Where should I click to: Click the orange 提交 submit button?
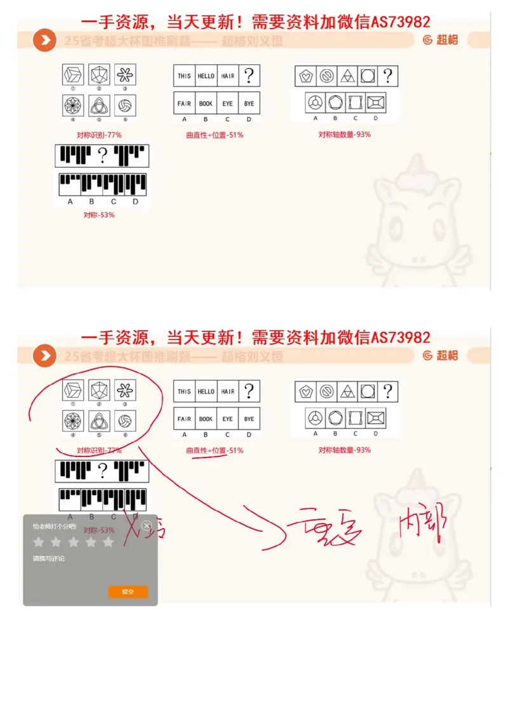[x=128, y=592]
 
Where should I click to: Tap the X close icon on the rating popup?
[x=147, y=526]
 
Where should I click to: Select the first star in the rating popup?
[x=39, y=542]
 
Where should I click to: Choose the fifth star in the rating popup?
[x=108, y=542]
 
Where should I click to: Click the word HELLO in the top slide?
[x=206, y=76]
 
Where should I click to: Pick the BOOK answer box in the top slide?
[x=206, y=103]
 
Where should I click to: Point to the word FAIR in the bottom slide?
[x=184, y=419]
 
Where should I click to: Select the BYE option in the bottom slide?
[x=249, y=419]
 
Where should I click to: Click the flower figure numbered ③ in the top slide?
[x=125, y=76]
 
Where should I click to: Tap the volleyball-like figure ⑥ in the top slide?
[x=125, y=103]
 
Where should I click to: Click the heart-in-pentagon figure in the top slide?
[x=306, y=76]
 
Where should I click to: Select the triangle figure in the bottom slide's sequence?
[x=347, y=392]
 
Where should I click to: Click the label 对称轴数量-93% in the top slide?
[x=345, y=135]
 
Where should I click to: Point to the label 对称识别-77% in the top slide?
[x=99, y=135]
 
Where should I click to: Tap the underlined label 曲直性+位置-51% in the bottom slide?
[x=215, y=450]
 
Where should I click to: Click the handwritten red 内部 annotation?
[x=422, y=522]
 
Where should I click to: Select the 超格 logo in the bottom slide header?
[x=440, y=356]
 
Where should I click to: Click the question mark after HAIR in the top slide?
[x=249, y=76]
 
